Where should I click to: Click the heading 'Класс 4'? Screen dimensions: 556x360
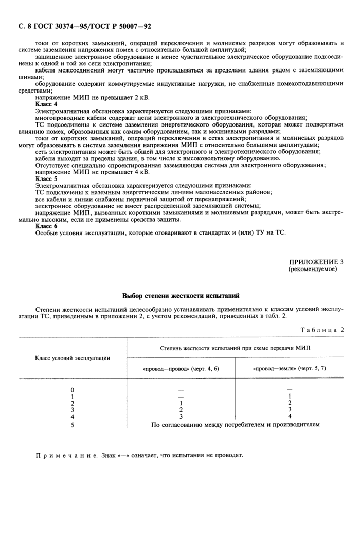click(x=46, y=104)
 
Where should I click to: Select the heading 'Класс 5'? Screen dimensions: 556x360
click(x=46, y=178)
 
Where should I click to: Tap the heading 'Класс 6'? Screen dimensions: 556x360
click(x=46, y=225)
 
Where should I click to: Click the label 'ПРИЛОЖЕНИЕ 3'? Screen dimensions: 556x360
click(x=316, y=261)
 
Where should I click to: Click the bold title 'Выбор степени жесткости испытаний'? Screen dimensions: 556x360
click(x=180, y=296)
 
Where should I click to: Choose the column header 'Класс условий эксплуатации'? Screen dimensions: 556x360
click(x=72, y=357)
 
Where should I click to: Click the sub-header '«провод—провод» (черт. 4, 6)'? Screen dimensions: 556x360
click(x=181, y=369)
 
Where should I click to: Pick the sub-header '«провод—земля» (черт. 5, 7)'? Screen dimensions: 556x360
click(x=290, y=369)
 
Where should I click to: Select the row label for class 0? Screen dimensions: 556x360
click(x=72, y=390)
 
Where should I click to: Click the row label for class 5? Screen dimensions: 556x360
click(x=72, y=425)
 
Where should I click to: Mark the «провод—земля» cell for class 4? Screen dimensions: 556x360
click(x=290, y=416)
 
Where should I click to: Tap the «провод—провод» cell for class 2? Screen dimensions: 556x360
click(x=181, y=403)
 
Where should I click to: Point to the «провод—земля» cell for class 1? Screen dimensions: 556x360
click(x=290, y=396)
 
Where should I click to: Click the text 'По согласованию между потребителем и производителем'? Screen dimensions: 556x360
click(x=235, y=425)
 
